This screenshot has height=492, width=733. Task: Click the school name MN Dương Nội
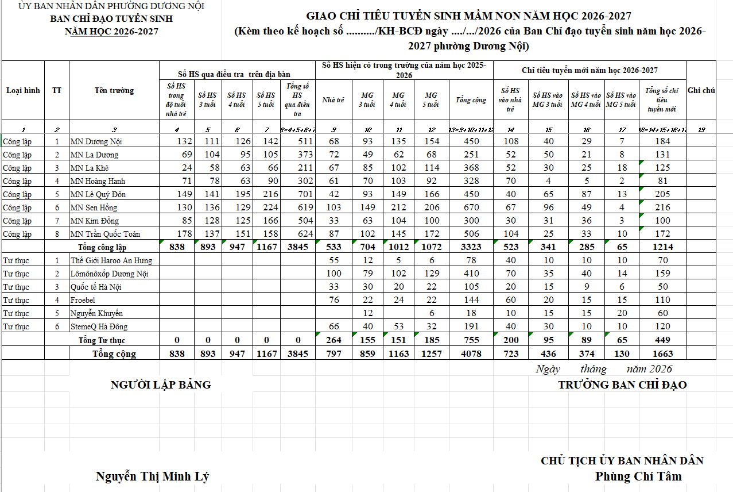point(96,141)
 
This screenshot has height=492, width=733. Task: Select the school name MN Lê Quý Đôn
point(98,194)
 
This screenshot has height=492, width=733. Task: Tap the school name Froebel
point(82,300)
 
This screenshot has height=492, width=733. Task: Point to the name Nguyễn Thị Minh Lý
point(152,476)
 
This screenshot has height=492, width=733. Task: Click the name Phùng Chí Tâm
point(638,476)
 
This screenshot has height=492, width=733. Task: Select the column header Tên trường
point(114,90)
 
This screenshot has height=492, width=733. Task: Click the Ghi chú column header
point(701,90)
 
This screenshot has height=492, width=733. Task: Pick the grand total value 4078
point(471,353)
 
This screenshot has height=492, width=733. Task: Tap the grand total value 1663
point(662,353)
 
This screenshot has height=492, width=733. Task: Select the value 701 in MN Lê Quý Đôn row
point(305,194)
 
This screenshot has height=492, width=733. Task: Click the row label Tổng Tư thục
point(102,340)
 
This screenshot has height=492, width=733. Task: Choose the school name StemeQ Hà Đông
point(99,326)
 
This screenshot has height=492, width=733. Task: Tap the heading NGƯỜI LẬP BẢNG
point(161,385)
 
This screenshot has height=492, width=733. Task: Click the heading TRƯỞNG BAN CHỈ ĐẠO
point(622,385)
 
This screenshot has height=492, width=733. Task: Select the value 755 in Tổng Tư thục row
point(471,340)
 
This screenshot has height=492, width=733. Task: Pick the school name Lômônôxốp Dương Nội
point(109,274)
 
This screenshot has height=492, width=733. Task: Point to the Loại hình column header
point(23,90)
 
